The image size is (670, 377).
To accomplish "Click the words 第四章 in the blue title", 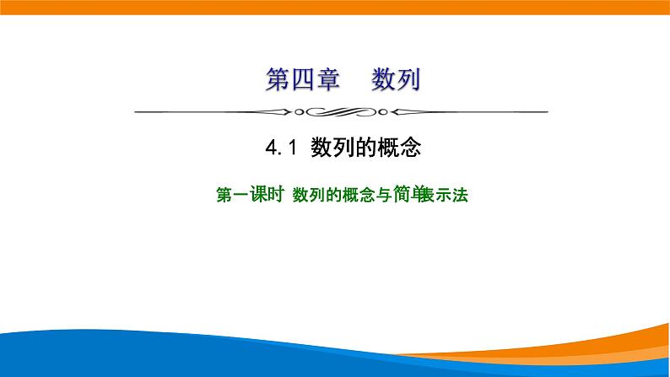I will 302,81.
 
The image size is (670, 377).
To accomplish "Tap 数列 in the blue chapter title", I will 395,81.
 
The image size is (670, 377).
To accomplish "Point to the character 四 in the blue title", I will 302,81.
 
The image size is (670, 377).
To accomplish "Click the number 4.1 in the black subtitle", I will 278,149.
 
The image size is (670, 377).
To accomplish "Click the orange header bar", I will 335,7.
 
